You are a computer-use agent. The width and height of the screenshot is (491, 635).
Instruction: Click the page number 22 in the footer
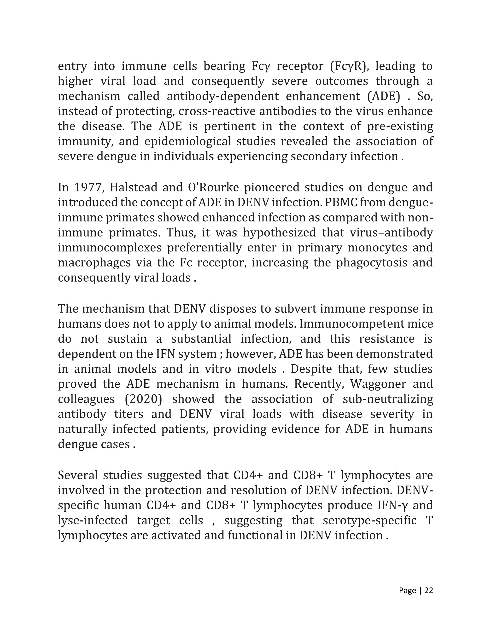pos(429,590)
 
